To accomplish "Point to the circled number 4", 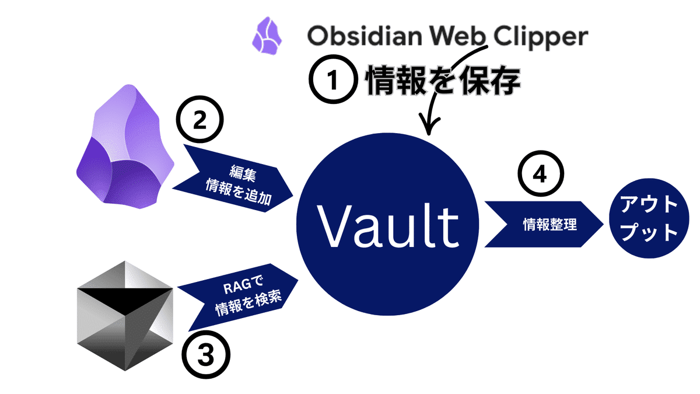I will [542, 175].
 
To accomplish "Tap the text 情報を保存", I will [442, 82].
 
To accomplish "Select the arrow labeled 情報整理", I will [543, 224].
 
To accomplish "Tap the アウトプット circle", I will [649, 224].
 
